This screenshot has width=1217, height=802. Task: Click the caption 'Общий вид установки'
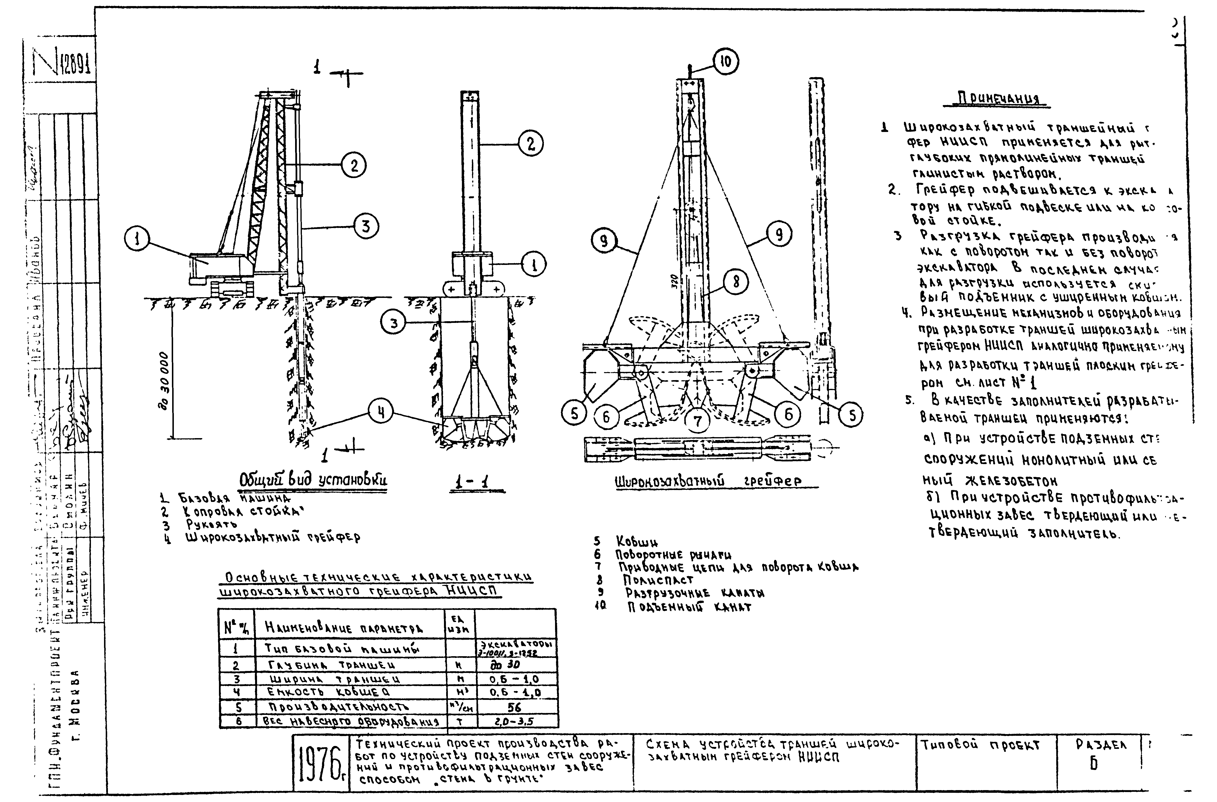(313, 481)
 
